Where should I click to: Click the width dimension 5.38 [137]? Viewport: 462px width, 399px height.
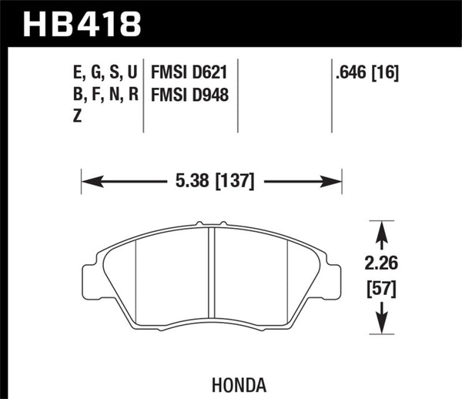(213, 183)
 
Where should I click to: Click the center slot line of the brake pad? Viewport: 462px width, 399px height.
(212, 277)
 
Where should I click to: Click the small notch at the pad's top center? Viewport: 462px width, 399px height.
(212, 226)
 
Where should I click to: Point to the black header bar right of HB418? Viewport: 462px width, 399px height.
(308, 22)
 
